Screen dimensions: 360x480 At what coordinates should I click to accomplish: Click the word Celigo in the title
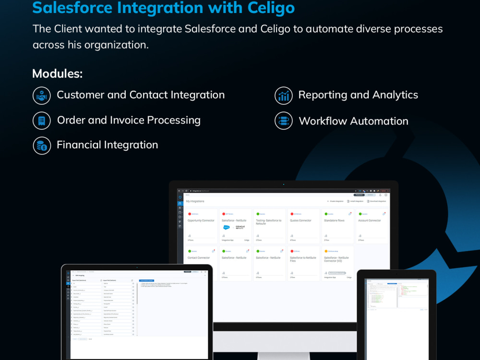[x=269, y=8]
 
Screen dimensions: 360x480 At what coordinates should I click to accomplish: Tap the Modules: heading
[x=57, y=74]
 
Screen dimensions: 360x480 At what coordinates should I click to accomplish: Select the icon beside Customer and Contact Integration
[x=42, y=95]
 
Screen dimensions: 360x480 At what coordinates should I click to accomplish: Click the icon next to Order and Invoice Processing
[x=42, y=120]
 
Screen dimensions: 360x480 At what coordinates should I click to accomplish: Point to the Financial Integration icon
[x=42, y=145]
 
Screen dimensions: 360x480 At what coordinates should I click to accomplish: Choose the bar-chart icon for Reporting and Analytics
[x=284, y=96]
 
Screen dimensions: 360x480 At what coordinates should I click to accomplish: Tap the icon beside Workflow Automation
[x=284, y=121]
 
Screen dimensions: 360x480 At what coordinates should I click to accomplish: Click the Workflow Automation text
[x=353, y=121]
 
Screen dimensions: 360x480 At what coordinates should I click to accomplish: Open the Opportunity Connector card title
[x=201, y=221]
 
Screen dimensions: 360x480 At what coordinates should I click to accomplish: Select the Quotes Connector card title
[x=300, y=221]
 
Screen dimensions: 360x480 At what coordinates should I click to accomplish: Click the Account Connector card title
[x=370, y=221]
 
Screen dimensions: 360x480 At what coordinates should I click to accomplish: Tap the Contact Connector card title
[x=199, y=258]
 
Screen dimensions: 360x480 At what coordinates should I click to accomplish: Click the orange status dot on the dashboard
[x=326, y=251]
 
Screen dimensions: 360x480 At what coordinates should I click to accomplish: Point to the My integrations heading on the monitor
[x=195, y=202]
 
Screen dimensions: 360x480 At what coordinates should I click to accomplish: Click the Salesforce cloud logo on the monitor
[x=227, y=228]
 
